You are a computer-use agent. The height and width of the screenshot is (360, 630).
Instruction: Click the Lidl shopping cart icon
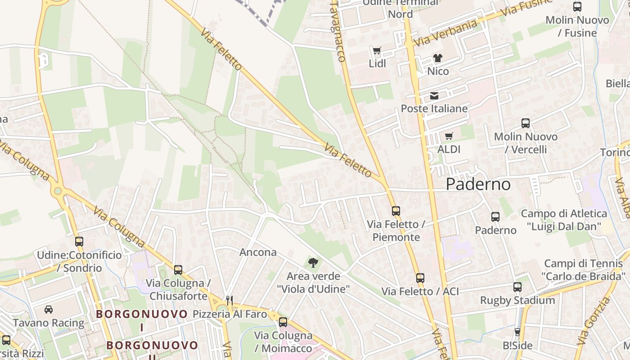(x=377, y=50)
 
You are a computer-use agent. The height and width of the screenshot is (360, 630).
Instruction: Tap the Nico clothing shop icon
(x=437, y=58)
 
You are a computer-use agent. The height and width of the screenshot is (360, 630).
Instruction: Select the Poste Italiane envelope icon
(x=434, y=95)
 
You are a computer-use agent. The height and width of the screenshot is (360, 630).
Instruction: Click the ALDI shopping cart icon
(x=449, y=136)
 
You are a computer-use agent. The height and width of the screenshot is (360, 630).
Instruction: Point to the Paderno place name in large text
(x=478, y=184)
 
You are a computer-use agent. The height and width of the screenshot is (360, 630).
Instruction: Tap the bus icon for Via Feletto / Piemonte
(x=396, y=211)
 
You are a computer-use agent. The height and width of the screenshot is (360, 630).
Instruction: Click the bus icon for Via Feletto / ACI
(x=420, y=278)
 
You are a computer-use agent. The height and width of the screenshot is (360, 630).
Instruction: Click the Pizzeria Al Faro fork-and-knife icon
(x=229, y=300)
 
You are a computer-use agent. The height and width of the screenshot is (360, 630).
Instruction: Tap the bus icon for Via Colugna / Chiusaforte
(x=178, y=270)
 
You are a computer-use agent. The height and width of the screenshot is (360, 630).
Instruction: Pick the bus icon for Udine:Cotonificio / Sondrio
(x=79, y=242)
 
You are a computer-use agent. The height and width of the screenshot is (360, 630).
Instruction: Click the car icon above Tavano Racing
(x=49, y=310)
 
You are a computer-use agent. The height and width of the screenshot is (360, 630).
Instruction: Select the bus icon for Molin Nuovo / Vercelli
(x=526, y=123)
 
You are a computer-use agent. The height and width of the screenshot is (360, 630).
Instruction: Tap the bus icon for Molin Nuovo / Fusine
(x=577, y=7)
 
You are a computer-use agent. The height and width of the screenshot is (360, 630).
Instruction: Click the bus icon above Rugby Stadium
(x=517, y=287)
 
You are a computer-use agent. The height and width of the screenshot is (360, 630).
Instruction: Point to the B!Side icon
(x=517, y=332)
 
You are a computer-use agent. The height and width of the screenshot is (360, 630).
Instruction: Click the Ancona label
(x=258, y=252)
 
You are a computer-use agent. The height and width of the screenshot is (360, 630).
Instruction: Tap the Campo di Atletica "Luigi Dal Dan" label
(x=570, y=220)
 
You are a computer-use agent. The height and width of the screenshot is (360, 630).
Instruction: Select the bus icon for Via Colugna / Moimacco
(x=283, y=322)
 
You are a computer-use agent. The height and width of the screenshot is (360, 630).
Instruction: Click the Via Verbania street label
(x=445, y=33)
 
